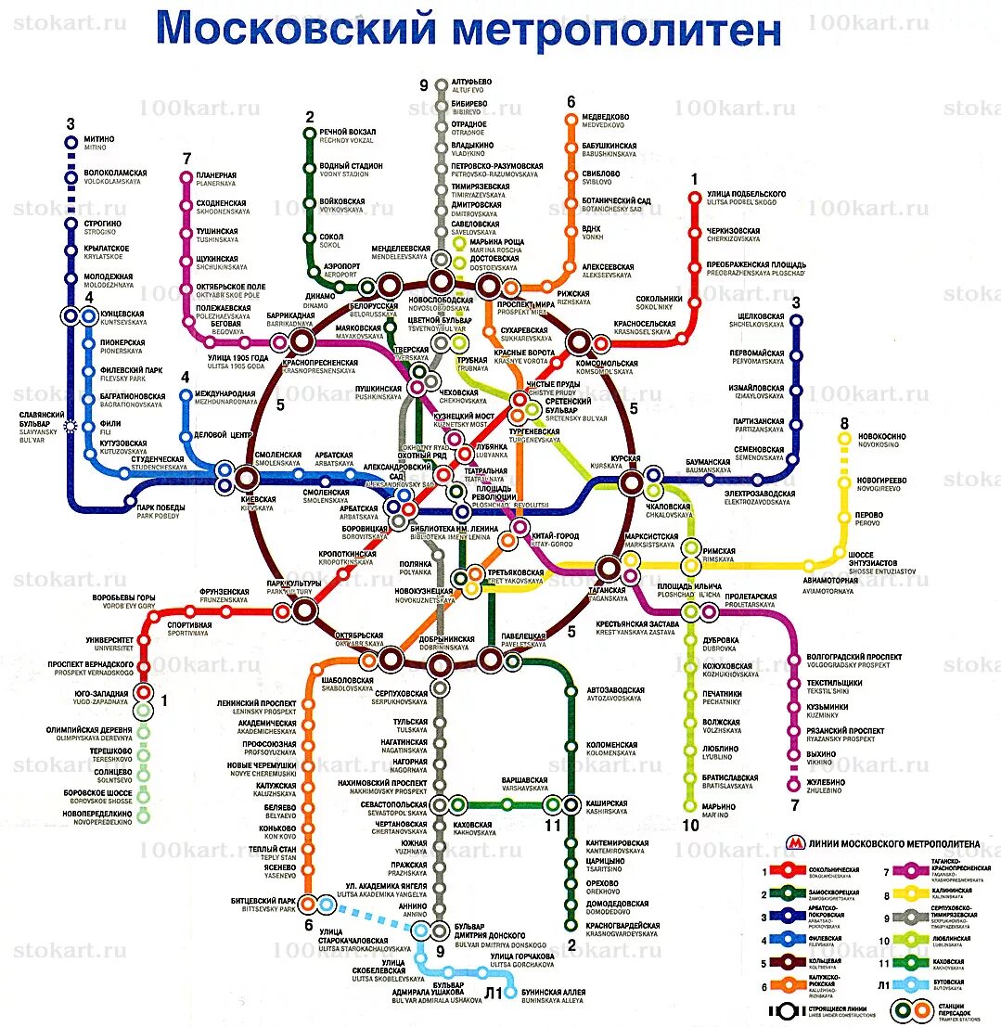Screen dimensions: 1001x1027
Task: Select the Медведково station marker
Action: (x=571, y=119)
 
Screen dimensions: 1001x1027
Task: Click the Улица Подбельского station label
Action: (x=746, y=197)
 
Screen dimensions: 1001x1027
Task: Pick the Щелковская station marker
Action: (x=795, y=319)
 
